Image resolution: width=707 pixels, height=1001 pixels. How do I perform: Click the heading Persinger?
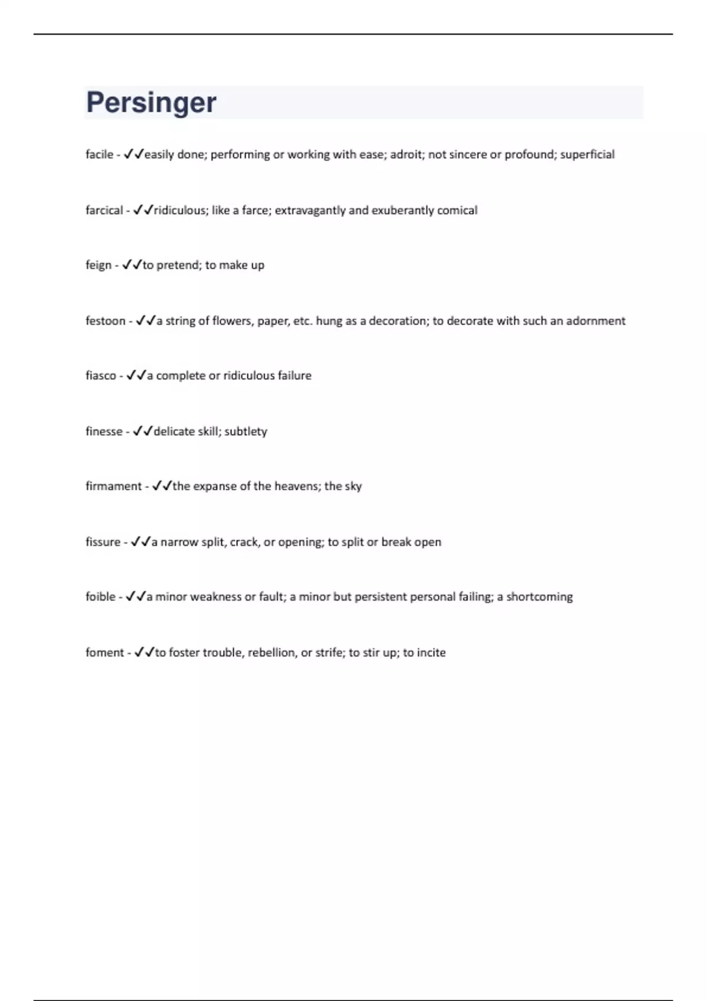[x=151, y=102]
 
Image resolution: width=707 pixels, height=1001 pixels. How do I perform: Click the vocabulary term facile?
[x=99, y=154]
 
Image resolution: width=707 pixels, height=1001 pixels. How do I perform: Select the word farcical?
[x=104, y=210]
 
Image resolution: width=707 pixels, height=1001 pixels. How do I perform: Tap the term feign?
[x=98, y=265]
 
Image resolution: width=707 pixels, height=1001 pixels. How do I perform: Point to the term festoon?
[x=105, y=321]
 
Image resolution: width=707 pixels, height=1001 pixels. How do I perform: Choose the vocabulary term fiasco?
[x=101, y=376]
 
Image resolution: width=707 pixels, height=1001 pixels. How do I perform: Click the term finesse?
[x=104, y=432]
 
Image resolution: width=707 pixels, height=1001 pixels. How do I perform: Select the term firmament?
[x=114, y=486]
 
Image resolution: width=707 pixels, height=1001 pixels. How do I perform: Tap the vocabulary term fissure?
[x=103, y=542]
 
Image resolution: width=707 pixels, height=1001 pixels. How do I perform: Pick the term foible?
[x=100, y=596]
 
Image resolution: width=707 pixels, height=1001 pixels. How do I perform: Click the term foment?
[x=105, y=652]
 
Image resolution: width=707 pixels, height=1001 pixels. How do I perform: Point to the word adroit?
[x=405, y=154]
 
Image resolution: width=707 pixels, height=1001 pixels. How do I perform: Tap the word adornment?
[x=596, y=321]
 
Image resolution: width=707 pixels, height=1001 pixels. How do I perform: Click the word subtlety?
[x=246, y=432]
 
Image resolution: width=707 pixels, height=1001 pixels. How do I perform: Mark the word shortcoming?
[x=539, y=596]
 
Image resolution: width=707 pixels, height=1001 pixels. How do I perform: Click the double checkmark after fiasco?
[x=136, y=375]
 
